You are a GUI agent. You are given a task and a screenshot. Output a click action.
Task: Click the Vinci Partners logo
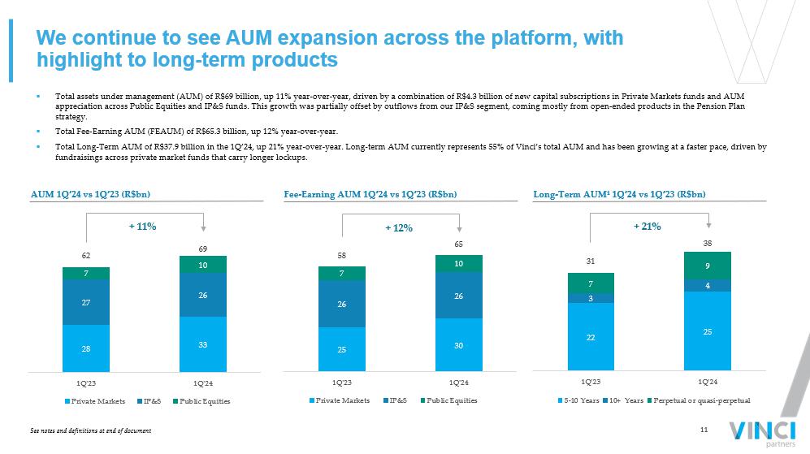point(761,431)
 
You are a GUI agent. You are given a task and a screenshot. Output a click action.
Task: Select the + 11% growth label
point(142,227)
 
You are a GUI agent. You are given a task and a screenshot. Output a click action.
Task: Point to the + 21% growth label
point(647,227)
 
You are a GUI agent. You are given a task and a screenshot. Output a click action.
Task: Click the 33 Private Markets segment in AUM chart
point(202,344)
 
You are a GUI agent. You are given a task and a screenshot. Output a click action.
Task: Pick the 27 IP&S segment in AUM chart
point(86,302)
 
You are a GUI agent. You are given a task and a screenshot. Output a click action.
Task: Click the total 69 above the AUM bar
point(202,247)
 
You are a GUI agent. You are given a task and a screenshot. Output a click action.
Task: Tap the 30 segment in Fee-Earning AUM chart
point(458,345)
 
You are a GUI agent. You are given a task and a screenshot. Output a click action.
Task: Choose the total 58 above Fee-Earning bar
point(342,256)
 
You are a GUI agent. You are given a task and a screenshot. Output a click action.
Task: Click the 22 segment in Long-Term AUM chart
point(591,337)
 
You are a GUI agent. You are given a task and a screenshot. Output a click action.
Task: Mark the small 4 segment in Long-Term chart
point(707,285)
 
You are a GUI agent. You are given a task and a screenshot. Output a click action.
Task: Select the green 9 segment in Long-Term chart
point(707,266)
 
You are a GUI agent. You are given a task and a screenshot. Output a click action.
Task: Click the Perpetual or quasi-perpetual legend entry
point(702,401)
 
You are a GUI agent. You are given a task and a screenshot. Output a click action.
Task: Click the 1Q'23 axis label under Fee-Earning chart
point(342,381)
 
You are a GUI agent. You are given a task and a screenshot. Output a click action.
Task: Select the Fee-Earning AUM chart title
point(370,194)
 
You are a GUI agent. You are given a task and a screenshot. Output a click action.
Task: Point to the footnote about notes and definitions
point(90,430)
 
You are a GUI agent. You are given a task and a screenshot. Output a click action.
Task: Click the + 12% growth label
point(398,228)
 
